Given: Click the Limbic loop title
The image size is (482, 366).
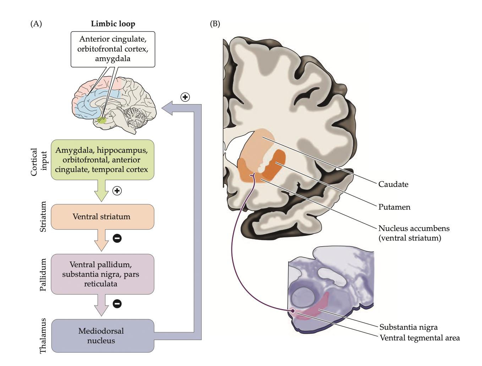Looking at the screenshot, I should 113,24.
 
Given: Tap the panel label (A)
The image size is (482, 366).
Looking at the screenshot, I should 36,24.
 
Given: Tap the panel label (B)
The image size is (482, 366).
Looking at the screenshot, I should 215,24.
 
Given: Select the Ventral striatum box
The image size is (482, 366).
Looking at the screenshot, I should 102,217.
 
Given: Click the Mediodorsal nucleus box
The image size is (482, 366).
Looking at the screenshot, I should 102,336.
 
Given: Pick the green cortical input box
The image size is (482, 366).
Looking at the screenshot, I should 102,160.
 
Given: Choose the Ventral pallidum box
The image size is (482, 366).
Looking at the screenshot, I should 102,274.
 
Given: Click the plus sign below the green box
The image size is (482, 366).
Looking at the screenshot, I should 117,191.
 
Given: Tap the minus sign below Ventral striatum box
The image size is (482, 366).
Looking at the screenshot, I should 117,238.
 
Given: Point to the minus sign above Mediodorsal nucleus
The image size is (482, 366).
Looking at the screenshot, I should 117,303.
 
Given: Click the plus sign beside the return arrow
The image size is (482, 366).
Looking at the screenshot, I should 185,97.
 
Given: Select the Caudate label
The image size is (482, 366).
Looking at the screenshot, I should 393,184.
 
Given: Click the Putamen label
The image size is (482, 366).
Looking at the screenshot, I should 394,207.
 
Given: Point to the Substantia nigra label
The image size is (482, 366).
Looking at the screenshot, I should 409,327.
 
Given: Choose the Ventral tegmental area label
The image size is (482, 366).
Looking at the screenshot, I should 420,338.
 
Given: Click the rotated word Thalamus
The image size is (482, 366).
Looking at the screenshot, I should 43,336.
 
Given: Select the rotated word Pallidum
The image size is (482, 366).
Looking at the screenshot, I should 43,275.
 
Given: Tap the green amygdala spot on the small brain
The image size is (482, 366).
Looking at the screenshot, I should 102,120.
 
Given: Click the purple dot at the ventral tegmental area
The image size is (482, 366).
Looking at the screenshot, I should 293,311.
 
